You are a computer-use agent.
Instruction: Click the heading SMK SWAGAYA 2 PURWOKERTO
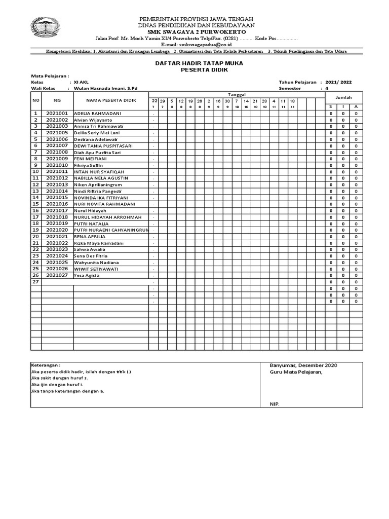pos(197,32)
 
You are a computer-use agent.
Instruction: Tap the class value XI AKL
pos(81,82)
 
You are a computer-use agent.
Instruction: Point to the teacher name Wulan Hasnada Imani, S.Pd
pos(105,88)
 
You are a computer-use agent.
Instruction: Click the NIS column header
pos(57,100)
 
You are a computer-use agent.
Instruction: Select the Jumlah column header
pos(344,97)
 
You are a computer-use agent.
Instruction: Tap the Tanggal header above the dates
pos(237,94)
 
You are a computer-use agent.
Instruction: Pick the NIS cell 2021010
pos(57,165)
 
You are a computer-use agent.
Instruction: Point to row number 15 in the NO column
pos(35,204)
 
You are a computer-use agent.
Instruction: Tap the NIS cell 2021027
pos(57,275)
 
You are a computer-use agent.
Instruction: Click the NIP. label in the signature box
pos(274,404)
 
